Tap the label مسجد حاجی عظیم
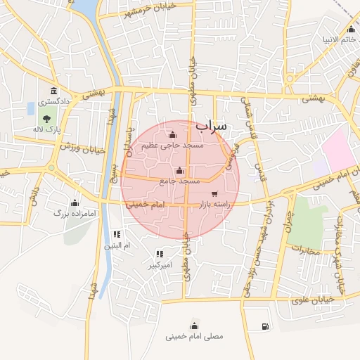(173, 145)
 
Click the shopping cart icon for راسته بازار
(214, 193)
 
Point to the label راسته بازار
(214, 204)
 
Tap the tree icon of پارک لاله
(46, 118)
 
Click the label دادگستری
(55, 101)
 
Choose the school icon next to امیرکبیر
(160, 254)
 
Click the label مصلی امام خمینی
(195, 336)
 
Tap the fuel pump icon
(264, 326)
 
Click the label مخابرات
(305, 250)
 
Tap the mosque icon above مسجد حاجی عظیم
(173, 134)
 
